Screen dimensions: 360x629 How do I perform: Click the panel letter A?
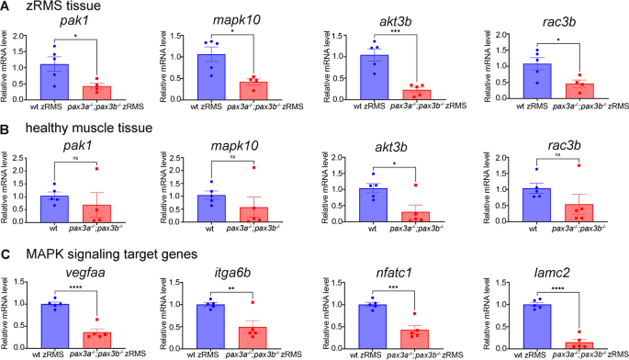click(6, 6)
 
